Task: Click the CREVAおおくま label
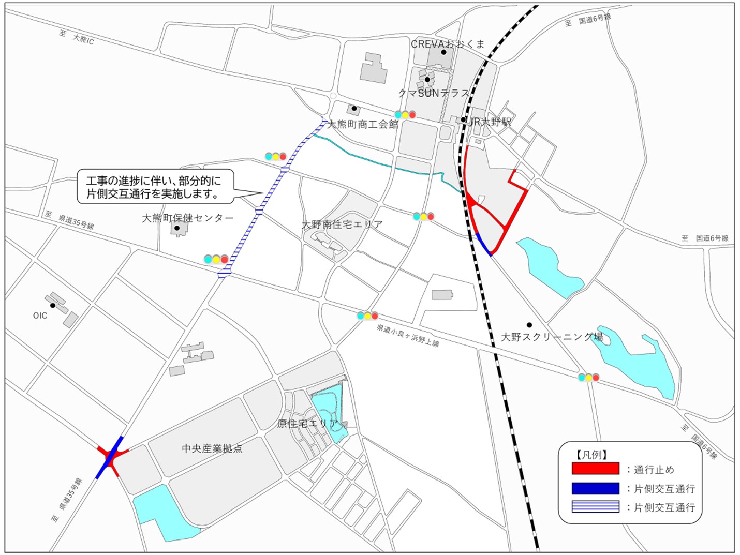[x=448, y=44]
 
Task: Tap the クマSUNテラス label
[x=434, y=93]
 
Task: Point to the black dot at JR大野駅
[x=463, y=120]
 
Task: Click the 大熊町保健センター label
[x=187, y=218]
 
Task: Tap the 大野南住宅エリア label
[x=342, y=224]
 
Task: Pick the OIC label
[x=40, y=316]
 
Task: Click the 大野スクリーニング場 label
[x=552, y=337]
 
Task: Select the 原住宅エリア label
[x=308, y=424]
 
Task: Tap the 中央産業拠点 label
[x=212, y=448]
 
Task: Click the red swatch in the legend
[x=595, y=469]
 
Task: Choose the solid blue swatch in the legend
[x=595, y=488]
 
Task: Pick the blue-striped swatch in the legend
[x=595, y=507]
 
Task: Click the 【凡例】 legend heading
[x=591, y=455]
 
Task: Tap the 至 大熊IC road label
[x=77, y=37]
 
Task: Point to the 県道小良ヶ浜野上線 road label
[x=408, y=335]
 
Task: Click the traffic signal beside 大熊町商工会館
[x=405, y=114]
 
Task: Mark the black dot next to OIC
[x=52, y=305]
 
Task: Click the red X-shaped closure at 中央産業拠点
[x=110, y=457]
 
